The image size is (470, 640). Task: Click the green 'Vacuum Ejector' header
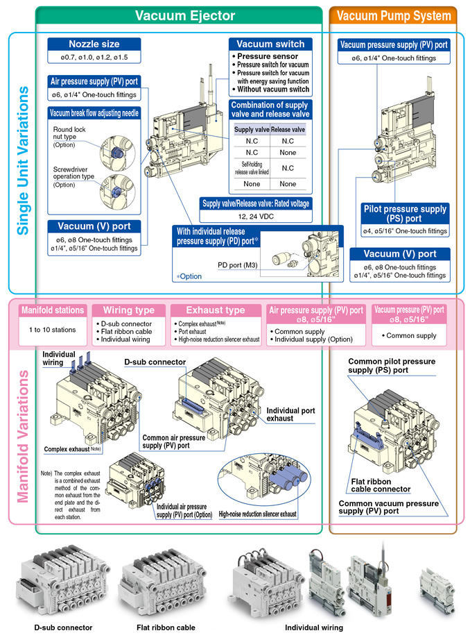tap(185, 15)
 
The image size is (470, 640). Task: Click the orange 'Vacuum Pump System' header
tap(392, 15)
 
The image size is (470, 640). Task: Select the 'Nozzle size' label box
tap(94, 44)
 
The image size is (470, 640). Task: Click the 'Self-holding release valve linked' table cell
tap(251, 167)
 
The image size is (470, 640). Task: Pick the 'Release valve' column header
tap(288, 130)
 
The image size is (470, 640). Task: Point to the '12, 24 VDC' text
tap(256, 217)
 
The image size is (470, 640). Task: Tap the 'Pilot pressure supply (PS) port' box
tap(405, 213)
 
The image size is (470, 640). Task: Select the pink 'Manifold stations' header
tap(53, 310)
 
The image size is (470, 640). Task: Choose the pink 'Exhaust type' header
tap(216, 310)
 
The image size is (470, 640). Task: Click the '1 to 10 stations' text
tap(53, 330)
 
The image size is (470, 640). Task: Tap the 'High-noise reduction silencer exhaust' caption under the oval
tap(257, 514)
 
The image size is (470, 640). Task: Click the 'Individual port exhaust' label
tap(290, 414)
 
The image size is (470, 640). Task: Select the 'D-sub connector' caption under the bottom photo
tap(63, 628)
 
